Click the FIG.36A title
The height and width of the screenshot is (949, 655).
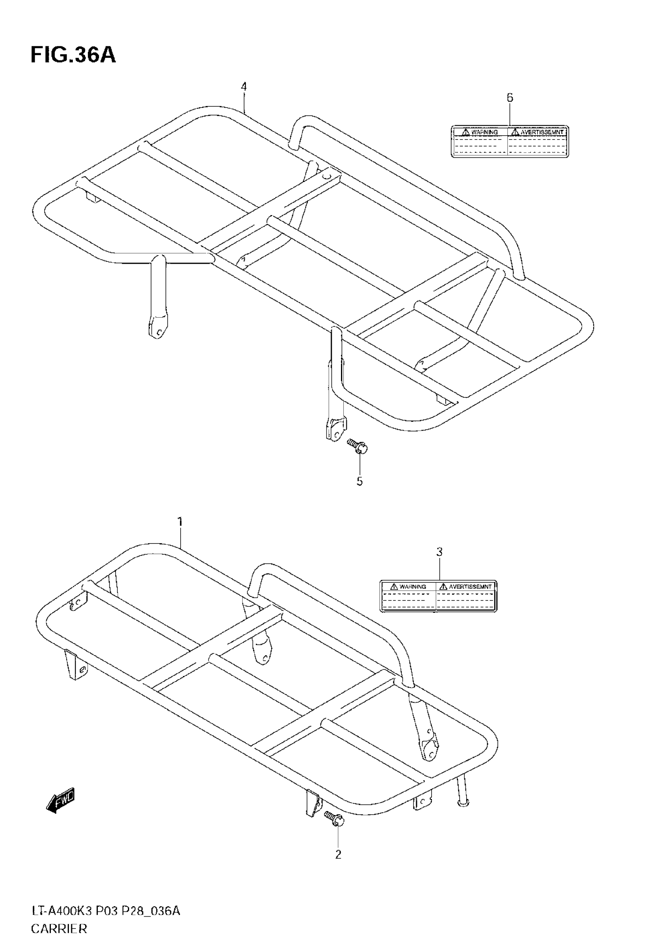[73, 56]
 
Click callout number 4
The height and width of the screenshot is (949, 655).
[244, 87]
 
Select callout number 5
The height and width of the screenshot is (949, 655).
[359, 481]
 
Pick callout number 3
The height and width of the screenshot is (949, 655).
[439, 552]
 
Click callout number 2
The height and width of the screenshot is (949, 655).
[338, 854]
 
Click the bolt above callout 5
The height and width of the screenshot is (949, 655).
[358, 446]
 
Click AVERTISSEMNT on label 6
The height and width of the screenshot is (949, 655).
[542, 132]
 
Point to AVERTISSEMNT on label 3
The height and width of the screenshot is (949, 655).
[470, 587]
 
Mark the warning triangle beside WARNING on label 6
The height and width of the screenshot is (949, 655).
[465, 132]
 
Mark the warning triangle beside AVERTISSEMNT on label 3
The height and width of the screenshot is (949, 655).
[443, 587]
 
